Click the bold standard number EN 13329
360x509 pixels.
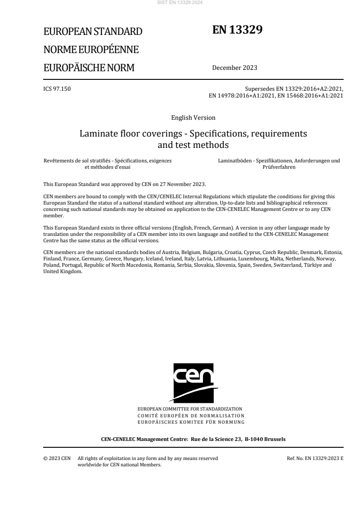click(x=237, y=30)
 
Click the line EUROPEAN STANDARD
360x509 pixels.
click(x=93, y=32)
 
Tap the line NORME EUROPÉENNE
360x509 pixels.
click(x=91, y=50)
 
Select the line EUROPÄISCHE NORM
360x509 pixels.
click(x=89, y=68)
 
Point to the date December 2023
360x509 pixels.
click(x=235, y=68)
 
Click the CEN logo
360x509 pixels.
click(x=193, y=382)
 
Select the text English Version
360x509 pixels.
click(x=193, y=118)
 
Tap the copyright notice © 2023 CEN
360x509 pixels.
click(x=57, y=458)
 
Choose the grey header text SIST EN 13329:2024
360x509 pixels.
click(x=180, y=3)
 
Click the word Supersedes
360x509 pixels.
click(x=257, y=89)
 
